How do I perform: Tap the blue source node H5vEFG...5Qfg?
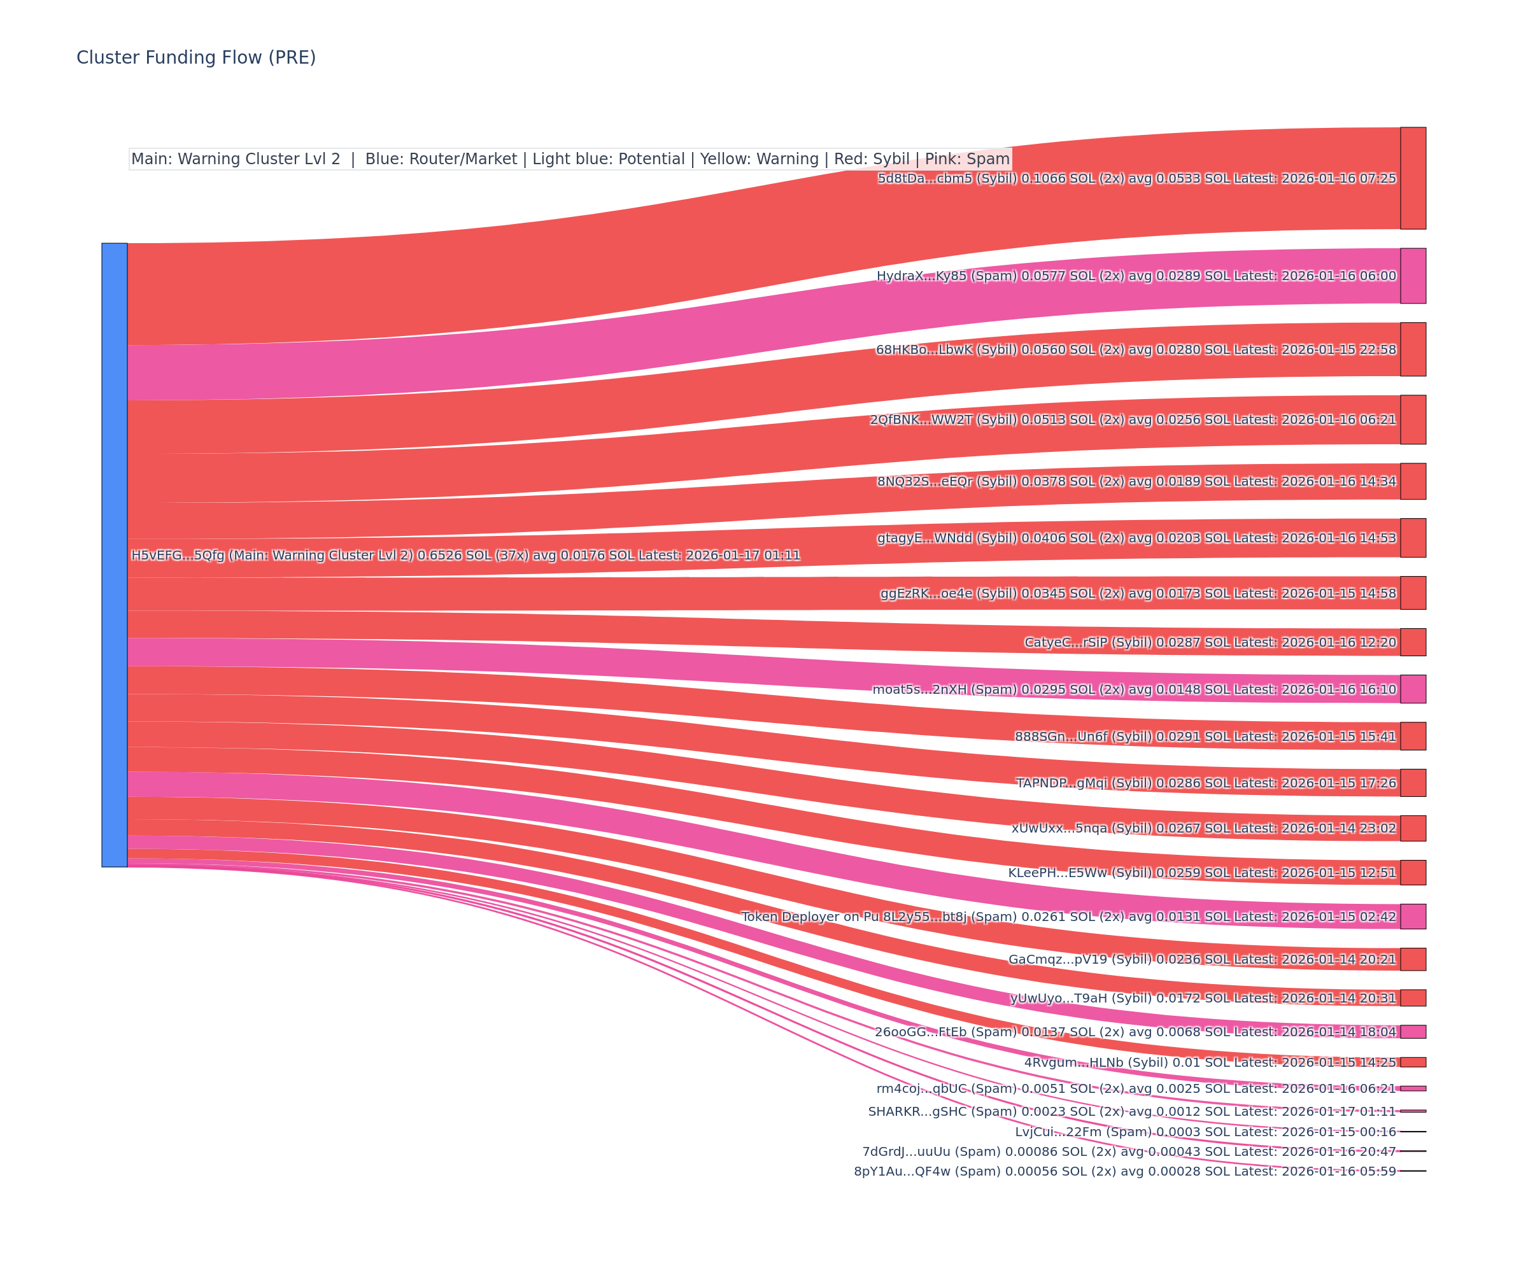(x=114, y=555)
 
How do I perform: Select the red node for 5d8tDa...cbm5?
(x=1413, y=178)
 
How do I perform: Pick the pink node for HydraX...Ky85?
(x=1413, y=276)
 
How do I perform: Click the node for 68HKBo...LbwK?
(x=1413, y=349)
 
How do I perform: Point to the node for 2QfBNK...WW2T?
(x=1413, y=419)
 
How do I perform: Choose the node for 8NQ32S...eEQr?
(x=1413, y=482)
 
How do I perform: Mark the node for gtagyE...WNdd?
(x=1413, y=538)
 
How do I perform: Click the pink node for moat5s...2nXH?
(x=1413, y=689)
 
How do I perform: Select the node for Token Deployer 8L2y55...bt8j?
(x=1413, y=917)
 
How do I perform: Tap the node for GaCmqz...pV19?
(x=1413, y=959)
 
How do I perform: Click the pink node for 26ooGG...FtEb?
(x=1413, y=1032)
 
